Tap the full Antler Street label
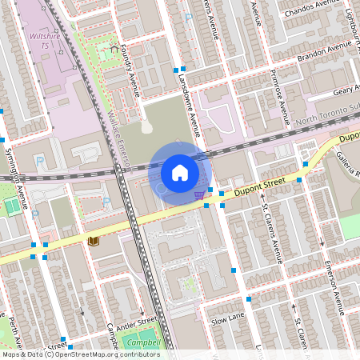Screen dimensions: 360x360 click(x=137, y=322)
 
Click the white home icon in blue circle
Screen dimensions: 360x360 click(x=179, y=171)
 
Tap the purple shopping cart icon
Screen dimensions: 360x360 click(x=198, y=194)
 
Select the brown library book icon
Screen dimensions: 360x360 click(x=94, y=240)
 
